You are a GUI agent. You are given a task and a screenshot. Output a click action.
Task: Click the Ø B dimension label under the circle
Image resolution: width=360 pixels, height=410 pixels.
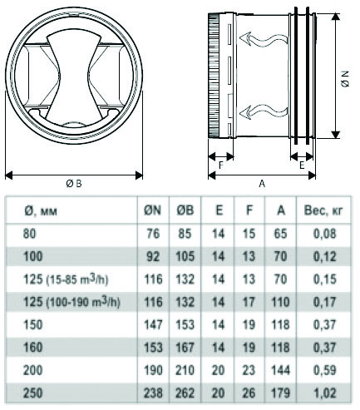pyautogui.click(x=74, y=184)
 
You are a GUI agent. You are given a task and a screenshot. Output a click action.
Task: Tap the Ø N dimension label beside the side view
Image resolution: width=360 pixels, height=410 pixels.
pyautogui.click(x=346, y=79)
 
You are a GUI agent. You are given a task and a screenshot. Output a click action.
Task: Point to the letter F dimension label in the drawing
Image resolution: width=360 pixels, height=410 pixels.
pyautogui.click(x=221, y=165)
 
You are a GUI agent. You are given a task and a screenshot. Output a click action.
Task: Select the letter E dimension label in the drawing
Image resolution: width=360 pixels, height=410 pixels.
pyautogui.click(x=302, y=165)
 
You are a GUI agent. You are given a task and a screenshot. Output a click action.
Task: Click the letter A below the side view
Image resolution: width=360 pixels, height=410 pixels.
pyautogui.click(x=262, y=184)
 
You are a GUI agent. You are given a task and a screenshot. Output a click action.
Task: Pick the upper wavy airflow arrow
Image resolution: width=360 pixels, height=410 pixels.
pyautogui.click(x=264, y=39)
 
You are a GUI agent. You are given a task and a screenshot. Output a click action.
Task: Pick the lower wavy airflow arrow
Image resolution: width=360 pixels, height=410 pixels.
pyautogui.click(x=264, y=111)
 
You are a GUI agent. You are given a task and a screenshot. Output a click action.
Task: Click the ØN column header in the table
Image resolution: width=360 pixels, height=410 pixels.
pyautogui.click(x=153, y=210)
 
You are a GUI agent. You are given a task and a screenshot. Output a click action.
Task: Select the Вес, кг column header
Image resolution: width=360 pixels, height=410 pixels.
pyautogui.click(x=323, y=210)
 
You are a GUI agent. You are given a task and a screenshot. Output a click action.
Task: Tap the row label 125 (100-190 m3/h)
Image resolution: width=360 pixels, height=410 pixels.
pyautogui.click(x=72, y=302)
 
